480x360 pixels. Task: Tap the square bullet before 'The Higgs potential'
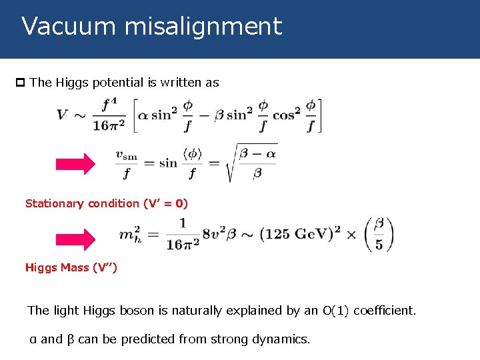point(20,83)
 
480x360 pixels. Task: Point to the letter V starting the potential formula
point(62,115)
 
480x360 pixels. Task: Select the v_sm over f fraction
point(126,163)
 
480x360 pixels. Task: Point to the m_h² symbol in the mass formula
point(132,234)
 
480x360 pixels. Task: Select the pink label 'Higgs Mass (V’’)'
point(71,267)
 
